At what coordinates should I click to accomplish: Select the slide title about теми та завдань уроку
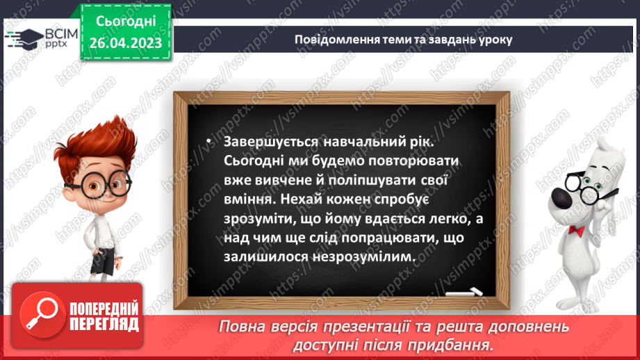point(403,39)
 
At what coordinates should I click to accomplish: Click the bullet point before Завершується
point(208,142)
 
